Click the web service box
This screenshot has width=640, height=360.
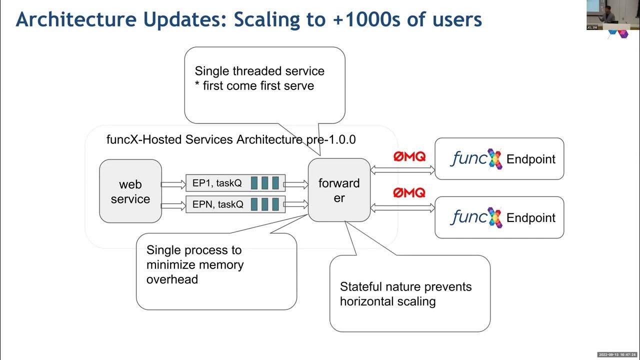(130, 191)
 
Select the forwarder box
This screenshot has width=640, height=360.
(339, 190)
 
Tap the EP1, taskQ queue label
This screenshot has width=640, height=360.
(217, 183)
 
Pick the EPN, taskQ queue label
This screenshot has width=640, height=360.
(217, 204)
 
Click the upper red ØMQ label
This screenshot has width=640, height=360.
(409, 156)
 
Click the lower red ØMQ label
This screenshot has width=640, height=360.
(409, 192)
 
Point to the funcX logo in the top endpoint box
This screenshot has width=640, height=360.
(475, 159)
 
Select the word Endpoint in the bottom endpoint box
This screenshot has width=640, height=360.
(531, 218)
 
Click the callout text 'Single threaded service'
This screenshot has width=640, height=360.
(259, 71)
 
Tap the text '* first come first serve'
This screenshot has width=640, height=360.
(254, 85)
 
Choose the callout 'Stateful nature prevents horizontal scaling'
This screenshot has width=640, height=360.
(405, 294)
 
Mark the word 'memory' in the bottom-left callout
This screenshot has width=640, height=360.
(220, 264)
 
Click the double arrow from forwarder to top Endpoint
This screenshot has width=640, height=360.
(402, 170)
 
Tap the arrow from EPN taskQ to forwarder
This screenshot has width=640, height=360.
(296, 204)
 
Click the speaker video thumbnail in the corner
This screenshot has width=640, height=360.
(607, 15)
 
